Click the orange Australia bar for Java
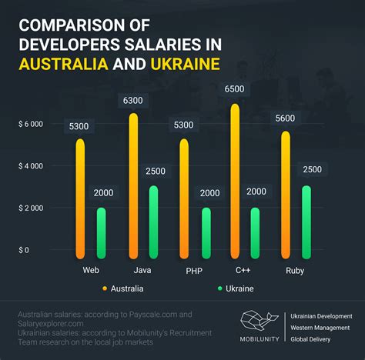pos(133,186)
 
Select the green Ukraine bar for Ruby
pos(306,222)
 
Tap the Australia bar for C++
pos(235,182)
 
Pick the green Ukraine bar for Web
pos(101,233)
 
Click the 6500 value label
pos(234,88)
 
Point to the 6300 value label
pos(132,100)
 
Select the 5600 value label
pos(285,118)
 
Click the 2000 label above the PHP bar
pos(209,193)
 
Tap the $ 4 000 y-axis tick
pos(31,166)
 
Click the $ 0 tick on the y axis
pos(24,250)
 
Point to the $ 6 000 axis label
pos(31,124)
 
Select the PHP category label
pos(194,271)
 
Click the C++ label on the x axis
pos(243,270)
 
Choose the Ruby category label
pos(295,271)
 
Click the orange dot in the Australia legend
pos(105,288)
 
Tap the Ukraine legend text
pos(239,288)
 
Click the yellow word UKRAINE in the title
pos(185,64)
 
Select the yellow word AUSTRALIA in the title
pos(63,64)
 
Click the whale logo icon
pos(259,321)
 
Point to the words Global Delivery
pos(310,339)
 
